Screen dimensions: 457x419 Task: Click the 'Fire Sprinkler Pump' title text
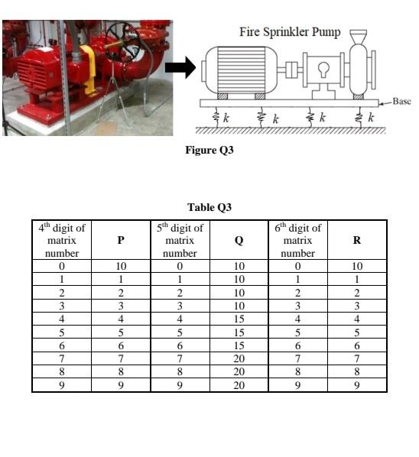pyautogui.click(x=290, y=32)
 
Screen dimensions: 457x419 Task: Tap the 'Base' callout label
pyautogui.click(x=401, y=102)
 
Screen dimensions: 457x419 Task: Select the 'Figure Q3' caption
pyautogui.click(x=209, y=150)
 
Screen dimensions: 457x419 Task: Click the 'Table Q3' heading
pyautogui.click(x=209, y=207)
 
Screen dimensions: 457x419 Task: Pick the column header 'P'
pyautogui.click(x=120, y=240)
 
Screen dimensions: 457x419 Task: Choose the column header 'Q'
pyautogui.click(x=239, y=240)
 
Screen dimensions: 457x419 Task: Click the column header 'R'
pyautogui.click(x=357, y=240)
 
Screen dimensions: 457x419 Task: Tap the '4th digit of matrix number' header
pyautogui.click(x=62, y=240)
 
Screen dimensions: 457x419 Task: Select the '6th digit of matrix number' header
pyautogui.click(x=298, y=240)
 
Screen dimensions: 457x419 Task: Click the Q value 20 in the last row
pyautogui.click(x=239, y=385)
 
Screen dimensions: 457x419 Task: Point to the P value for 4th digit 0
pyautogui.click(x=120, y=267)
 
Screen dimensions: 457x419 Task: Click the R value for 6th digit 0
pyautogui.click(x=357, y=267)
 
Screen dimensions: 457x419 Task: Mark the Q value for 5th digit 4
pyautogui.click(x=239, y=319)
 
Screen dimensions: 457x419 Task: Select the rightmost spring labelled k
pyautogui.click(x=359, y=118)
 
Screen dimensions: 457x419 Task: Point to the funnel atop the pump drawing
pyautogui.click(x=358, y=36)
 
